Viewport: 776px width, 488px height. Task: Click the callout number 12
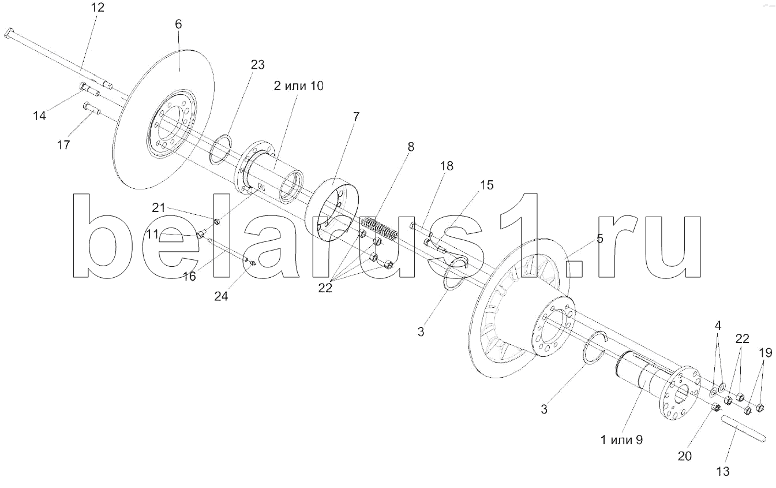[x=98, y=8]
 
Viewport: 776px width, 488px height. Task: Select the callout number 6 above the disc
[x=178, y=24]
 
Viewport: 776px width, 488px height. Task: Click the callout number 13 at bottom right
[x=722, y=472]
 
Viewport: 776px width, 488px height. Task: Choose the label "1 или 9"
[x=621, y=439]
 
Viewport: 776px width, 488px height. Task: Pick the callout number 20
[x=684, y=456]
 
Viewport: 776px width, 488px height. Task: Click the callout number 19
[x=765, y=353]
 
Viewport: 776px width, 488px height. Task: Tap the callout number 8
[x=410, y=147]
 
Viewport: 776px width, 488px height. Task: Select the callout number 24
[x=221, y=296]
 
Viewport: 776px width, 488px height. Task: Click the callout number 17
[x=63, y=144]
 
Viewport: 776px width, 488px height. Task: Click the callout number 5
[x=600, y=239]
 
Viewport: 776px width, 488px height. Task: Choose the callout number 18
[x=446, y=166]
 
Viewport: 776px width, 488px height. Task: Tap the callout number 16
[x=190, y=276]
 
